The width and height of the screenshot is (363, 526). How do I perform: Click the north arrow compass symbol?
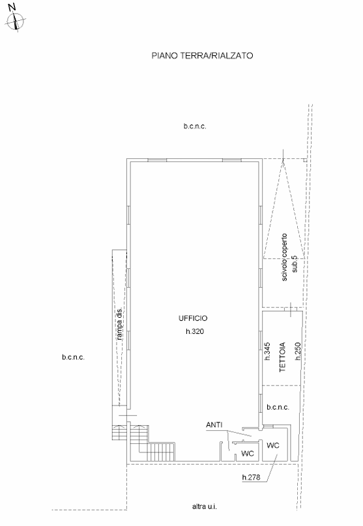tap(16, 21)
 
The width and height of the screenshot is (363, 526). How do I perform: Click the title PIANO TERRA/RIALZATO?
tap(202, 56)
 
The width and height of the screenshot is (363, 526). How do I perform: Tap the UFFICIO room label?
tap(193, 318)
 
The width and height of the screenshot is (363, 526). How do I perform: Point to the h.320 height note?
tap(195, 331)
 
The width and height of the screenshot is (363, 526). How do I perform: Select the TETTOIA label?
tap(282, 357)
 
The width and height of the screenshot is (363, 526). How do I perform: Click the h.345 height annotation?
tap(267, 352)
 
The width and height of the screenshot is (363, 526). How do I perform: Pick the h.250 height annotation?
tap(298, 352)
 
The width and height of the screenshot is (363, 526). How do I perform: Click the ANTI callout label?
tap(214, 424)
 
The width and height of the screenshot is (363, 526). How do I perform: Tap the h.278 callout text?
tap(251, 477)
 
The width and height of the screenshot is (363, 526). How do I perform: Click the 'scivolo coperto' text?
tap(284, 257)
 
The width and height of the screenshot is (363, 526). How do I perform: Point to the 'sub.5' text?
tap(295, 264)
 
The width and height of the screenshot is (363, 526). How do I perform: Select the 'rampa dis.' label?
tap(119, 324)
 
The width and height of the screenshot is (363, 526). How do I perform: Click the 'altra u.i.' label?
tap(205, 506)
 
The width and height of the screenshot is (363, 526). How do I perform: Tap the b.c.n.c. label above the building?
tap(195, 126)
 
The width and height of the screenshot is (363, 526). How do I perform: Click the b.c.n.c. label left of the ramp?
tap(73, 357)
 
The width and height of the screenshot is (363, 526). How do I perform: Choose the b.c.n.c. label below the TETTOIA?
tap(278, 408)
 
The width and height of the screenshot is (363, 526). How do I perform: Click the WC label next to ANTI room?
tap(248, 454)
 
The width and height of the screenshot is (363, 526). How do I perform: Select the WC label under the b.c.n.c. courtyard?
tap(272, 445)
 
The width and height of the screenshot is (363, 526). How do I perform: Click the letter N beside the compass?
tap(12, 7)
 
